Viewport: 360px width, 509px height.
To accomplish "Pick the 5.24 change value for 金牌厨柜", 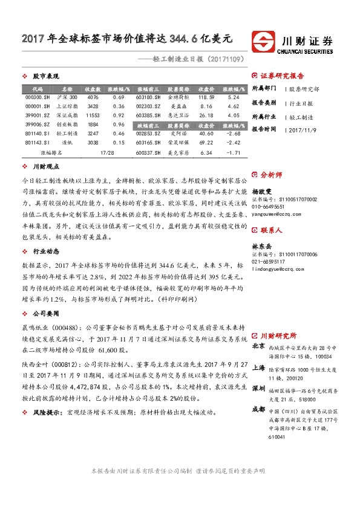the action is coord(235,97).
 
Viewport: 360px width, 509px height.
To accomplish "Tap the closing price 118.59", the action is coord(206,97).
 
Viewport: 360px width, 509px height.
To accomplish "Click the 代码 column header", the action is coord(33,88).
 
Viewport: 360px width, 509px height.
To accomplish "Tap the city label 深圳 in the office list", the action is coord(258,388).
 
